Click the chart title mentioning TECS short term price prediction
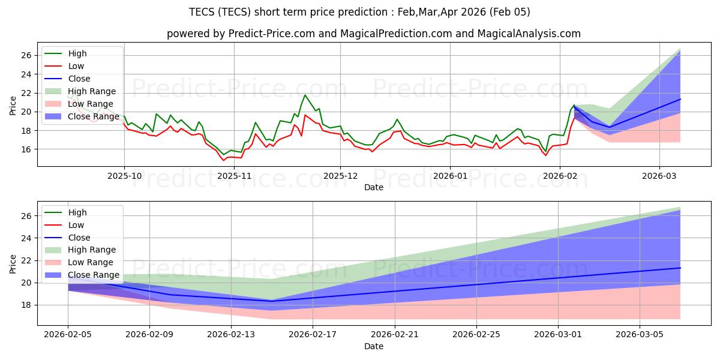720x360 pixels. coord(360,12)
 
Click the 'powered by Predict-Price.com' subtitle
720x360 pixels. coord(373,34)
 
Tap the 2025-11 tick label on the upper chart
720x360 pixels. coord(234,176)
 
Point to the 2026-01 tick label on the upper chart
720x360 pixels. coord(450,176)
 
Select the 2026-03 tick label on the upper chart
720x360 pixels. coord(659,176)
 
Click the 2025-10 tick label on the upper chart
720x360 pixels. coord(124,176)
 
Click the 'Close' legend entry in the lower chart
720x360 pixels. coord(79,237)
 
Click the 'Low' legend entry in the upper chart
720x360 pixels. coord(76,66)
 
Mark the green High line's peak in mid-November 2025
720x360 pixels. coord(305,95)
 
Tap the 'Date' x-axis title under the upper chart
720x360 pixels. coord(373,187)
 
